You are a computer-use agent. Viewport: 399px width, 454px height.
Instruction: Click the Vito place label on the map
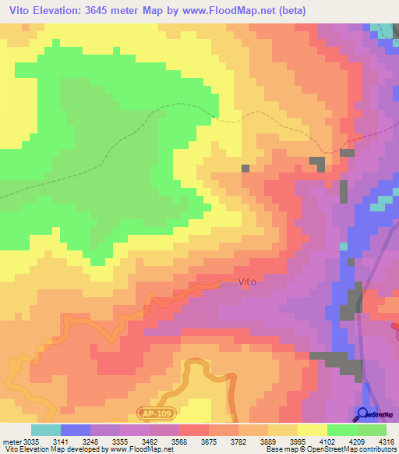[x=246, y=282]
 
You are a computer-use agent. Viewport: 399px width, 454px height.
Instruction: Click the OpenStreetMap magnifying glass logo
[x=362, y=414]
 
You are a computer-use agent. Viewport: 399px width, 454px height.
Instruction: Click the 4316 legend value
[x=388, y=441]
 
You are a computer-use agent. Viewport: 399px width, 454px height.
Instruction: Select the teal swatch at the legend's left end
[x=45, y=430]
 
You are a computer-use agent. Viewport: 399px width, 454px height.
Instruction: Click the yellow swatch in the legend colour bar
[x=312, y=430]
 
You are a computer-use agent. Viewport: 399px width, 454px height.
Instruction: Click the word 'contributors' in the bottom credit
[x=378, y=449]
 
